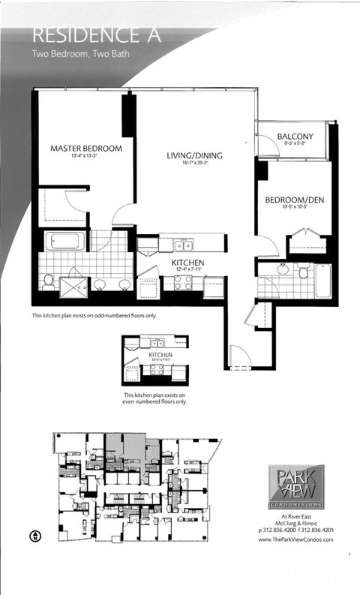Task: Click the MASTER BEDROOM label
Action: [86, 149]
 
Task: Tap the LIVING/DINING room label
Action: [195, 156]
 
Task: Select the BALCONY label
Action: [295, 136]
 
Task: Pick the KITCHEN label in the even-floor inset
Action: [160, 354]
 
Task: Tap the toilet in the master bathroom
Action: [48, 281]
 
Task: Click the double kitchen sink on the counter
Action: [183, 245]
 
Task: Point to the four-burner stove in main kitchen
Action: [184, 282]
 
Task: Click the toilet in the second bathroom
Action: [302, 272]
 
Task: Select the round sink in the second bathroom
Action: [283, 271]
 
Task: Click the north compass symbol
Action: [34, 536]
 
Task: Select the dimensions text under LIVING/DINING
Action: [195, 165]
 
